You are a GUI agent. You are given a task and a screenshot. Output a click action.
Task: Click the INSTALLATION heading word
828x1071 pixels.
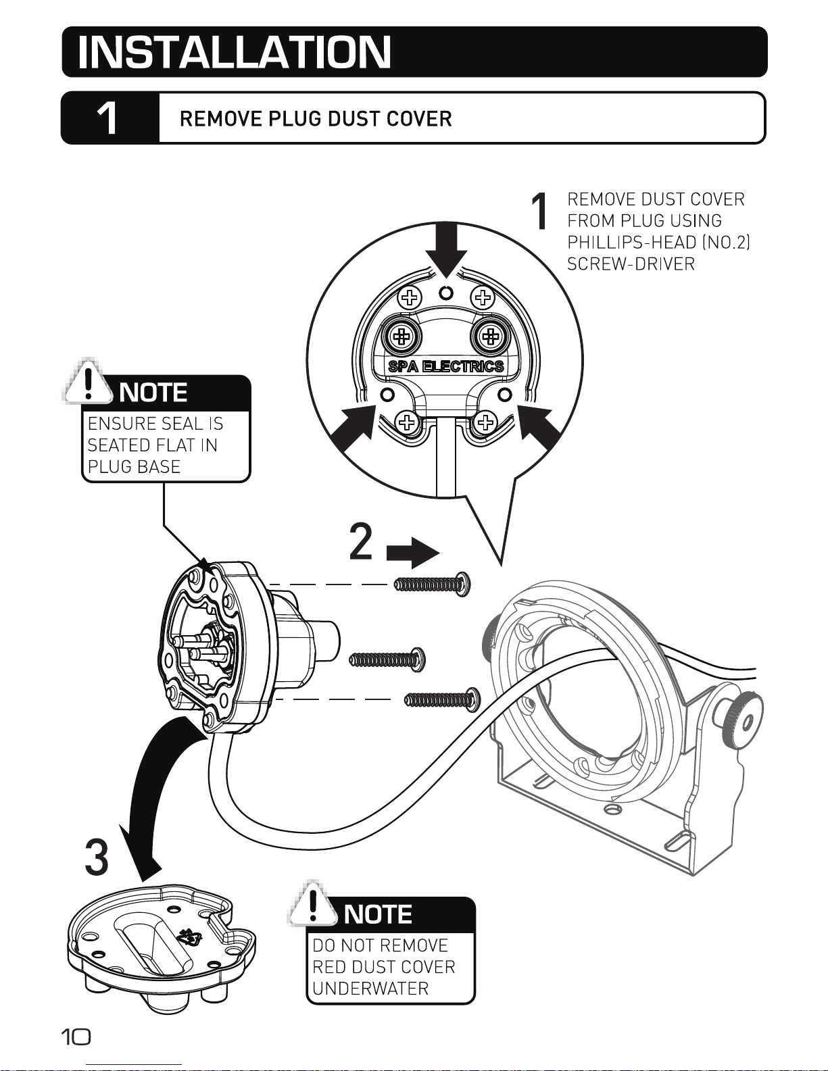pyautogui.click(x=235, y=52)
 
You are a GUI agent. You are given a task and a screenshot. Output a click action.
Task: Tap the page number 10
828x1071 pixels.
pyautogui.click(x=76, y=1037)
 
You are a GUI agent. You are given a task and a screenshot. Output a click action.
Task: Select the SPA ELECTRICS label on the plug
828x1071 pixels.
pyautogui.click(x=446, y=366)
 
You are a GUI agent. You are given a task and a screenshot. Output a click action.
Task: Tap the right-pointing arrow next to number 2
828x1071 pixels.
pyautogui.click(x=413, y=553)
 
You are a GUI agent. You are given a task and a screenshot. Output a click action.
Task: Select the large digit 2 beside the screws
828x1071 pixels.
pyautogui.click(x=361, y=542)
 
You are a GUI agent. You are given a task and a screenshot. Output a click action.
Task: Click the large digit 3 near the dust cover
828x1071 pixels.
pyautogui.click(x=97, y=857)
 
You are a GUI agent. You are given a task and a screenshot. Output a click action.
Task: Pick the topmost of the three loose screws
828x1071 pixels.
pyautogui.click(x=432, y=584)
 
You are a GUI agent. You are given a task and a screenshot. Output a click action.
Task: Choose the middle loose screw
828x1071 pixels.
pyautogui.click(x=387, y=659)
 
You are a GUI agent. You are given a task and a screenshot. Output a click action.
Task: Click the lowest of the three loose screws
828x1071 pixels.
pyautogui.click(x=443, y=700)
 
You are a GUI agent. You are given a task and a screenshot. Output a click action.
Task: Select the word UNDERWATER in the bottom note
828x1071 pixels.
pyautogui.click(x=370, y=989)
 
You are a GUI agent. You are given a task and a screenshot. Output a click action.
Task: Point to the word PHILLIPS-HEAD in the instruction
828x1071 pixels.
pyautogui.click(x=632, y=243)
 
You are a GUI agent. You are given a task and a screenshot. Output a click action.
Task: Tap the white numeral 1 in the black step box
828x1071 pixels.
pyautogui.click(x=107, y=118)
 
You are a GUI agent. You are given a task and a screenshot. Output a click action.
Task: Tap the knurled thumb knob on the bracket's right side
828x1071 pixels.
pyautogui.click(x=742, y=720)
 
